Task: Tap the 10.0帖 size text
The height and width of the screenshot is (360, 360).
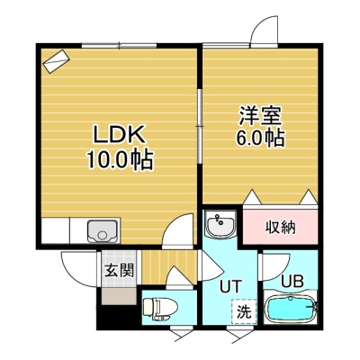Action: (120, 160)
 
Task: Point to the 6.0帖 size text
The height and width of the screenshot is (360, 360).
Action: (260, 139)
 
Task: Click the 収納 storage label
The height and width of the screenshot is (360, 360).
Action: (280, 228)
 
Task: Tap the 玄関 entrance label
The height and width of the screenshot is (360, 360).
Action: (119, 271)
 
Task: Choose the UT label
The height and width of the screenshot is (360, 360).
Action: (230, 286)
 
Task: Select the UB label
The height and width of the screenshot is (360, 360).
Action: (292, 281)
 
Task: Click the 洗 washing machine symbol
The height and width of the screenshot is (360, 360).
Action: (244, 311)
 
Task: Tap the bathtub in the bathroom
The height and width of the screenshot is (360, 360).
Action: (291, 309)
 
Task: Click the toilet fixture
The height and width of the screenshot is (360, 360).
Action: (160, 308)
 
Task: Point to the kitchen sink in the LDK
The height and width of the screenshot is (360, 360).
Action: (102, 230)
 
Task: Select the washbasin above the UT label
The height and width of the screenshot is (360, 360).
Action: (220, 224)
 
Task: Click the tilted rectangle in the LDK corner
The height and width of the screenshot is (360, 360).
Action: (57, 61)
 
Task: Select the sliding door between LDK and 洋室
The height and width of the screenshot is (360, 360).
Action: (199, 126)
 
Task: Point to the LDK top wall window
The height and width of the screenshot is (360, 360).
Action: (119, 46)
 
